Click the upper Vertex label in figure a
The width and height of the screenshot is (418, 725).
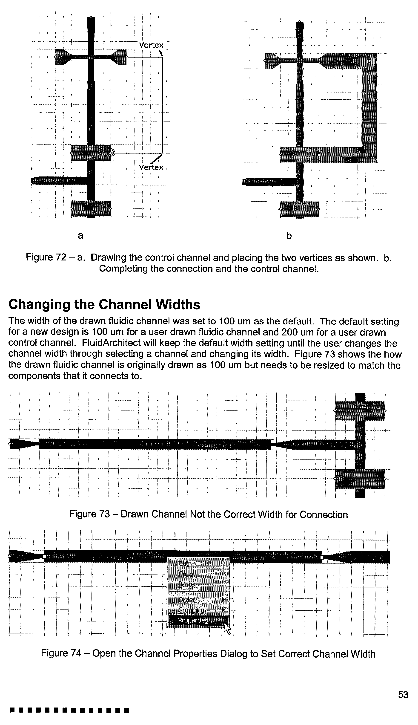click(151, 45)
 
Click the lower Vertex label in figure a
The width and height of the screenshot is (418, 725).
click(151, 168)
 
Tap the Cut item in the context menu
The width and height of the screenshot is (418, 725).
click(184, 563)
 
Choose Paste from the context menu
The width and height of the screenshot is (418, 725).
click(186, 584)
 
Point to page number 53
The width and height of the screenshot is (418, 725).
click(403, 695)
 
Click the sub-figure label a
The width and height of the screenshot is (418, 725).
click(81, 236)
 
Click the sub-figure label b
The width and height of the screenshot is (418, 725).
click(289, 236)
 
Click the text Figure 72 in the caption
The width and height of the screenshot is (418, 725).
click(46, 257)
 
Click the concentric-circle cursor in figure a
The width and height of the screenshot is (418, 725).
click(111, 153)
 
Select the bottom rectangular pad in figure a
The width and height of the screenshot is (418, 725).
click(91, 208)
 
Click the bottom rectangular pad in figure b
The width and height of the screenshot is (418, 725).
click(299, 209)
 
